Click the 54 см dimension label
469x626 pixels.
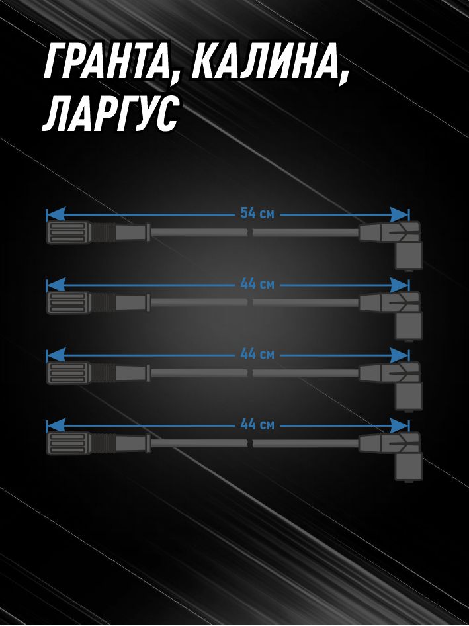[x=257, y=214]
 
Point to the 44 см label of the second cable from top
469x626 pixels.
[x=257, y=285]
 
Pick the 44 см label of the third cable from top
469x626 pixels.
[x=257, y=354]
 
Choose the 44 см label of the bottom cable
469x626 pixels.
[x=257, y=424]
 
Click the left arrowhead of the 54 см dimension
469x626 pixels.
[x=56, y=214]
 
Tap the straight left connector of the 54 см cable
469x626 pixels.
[x=98, y=232]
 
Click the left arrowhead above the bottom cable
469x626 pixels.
[x=56, y=425]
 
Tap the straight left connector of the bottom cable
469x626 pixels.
[x=98, y=443]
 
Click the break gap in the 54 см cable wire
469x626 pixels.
[x=250, y=232]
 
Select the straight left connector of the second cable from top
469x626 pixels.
[x=98, y=303]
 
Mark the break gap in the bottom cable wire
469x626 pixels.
[x=250, y=443]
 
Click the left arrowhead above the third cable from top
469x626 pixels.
[x=56, y=355]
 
